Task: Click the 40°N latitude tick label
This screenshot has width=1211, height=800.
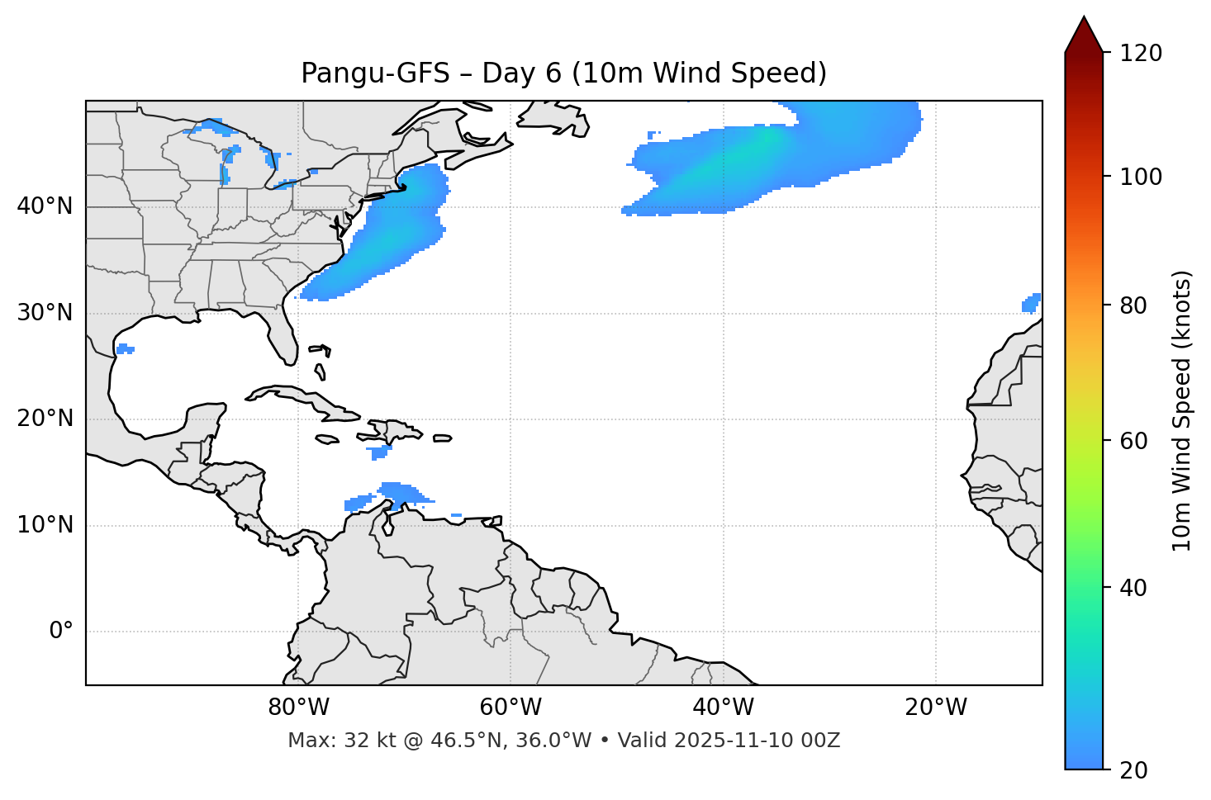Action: pyautogui.click(x=45, y=206)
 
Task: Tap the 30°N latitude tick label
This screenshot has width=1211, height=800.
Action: pyautogui.click(x=45, y=313)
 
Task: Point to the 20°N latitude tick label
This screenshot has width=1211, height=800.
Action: pyautogui.click(x=45, y=419)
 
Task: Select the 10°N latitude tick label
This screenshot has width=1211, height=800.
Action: pyautogui.click(x=45, y=525)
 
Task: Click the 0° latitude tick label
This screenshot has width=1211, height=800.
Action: pyautogui.click(x=61, y=632)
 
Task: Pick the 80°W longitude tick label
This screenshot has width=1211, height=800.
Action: pyautogui.click(x=298, y=708)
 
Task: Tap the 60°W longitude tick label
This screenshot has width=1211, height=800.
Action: pyautogui.click(x=511, y=708)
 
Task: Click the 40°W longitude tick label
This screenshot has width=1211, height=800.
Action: pyautogui.click(x=723, y=708)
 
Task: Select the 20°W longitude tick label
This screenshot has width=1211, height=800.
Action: pyautogui.click(x=935, y=708)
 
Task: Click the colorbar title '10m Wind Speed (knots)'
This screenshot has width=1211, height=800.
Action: pyautogui.click(x=1182, y=410)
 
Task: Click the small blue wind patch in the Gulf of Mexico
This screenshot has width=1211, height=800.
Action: pyautogui.click(x=125, y=349)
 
